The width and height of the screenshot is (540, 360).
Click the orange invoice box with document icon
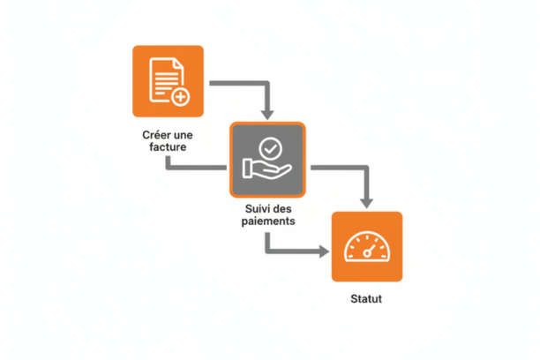(x=168, y=81)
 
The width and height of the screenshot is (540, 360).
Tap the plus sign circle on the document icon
(x=181, y=97)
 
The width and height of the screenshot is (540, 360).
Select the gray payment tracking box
(x=267, y=160)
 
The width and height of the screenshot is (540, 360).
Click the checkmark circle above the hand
(x=271, y=149)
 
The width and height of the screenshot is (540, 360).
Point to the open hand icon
(x=267, y=169)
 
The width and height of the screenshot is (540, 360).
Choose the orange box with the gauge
(x=367, y=247)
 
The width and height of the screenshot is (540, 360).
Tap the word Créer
(x=154, y=135)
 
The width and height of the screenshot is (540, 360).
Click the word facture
(x=168, y=147)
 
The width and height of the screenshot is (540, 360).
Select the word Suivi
(x=257, y=208)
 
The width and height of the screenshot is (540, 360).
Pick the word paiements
(x=268, y=221)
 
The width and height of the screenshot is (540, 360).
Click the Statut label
(x=366, y=299)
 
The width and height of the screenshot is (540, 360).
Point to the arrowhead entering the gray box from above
(x=267, y=115)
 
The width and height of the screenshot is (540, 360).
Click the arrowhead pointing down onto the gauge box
(x=366, y=204)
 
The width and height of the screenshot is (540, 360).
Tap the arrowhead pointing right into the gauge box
(x=324, y=251)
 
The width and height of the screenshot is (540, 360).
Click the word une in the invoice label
(x=182, y=135)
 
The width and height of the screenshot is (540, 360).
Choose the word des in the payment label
(x=281, y=208)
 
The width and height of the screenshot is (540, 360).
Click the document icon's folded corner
(x=178, y=64)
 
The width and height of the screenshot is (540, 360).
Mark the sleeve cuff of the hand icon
(x=246, y=169)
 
